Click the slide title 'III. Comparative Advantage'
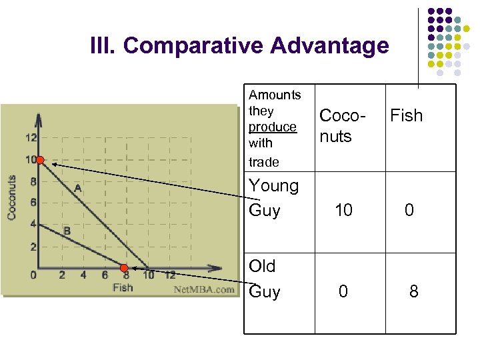pyautogui.click(x=239, y=46)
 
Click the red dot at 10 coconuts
pyautogui.click(x=40, y=160)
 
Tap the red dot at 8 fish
pyautogui.click(x=125, y=269)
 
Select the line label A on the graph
pyautogui.click(x=78, y=189)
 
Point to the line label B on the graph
pyautogui.click(x=67, y=231)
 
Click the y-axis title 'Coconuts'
pyautogui.click(x=11, y=198)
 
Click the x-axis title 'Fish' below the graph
pyautogui.click(x=123, y=288)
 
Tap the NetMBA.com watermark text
pyautogui.click(x=204, y=289)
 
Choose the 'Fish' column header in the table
pyautogui.click(x=406, y=115)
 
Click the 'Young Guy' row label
pyautogui.click(x=273, y=198)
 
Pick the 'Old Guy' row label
pyautogui.click(x=264, y=279)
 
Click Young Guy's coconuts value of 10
pyautogui.click(x=343, y=211)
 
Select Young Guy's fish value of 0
pyautogui.click(x=409, y=211)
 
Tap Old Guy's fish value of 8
pyautogui.click(x=413, y=291)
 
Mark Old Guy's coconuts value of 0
pyautogui.click(x=343, y=291)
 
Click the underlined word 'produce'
pyautogui.click(x=272, y=127)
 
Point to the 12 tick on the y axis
pyautogui.click(x=31, y=139)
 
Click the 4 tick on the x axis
pyautogui.click(x=83, y=275)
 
